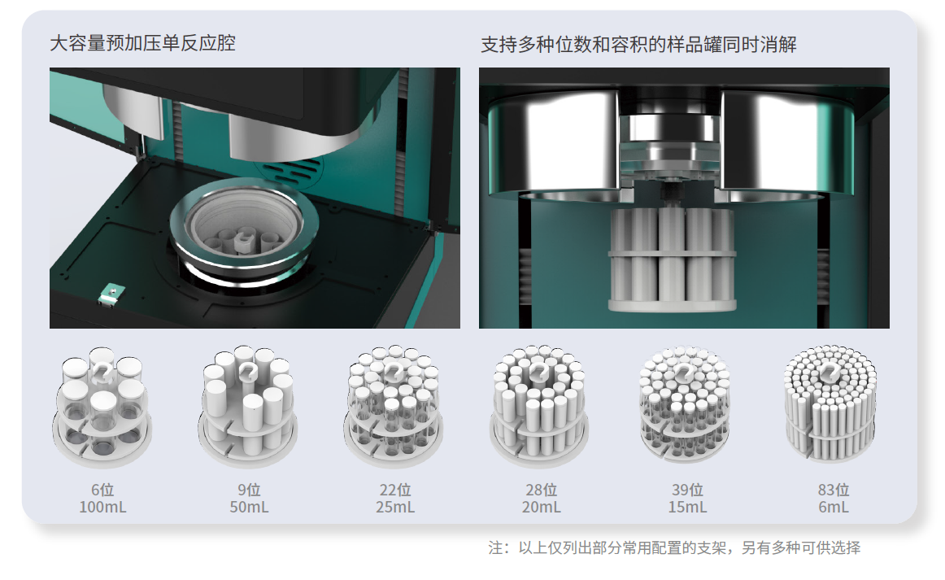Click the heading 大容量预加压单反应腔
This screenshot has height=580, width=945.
(x=143, y=43)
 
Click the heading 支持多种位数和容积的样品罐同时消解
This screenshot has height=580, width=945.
(x=639, y=45)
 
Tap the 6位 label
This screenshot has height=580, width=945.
(x=102, y=490)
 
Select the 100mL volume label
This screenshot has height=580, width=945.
(x=102, y=507)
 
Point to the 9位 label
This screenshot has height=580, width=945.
(x=249, y=490)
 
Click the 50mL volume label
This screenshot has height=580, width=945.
(x=249, y=507)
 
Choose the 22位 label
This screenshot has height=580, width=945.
(x=395, y=490)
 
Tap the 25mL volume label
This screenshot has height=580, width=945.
(x=395, y=507)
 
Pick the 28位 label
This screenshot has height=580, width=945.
(x=541, y=490)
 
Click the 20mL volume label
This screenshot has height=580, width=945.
(x=541, y=507)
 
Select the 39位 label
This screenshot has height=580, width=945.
(x=688, y=490)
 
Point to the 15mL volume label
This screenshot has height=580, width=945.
(x=688, y=507)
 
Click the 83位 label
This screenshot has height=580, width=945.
(x=834, y=490)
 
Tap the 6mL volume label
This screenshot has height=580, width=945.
(x=834, y=507)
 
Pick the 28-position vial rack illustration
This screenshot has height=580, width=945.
(x=539, y=407)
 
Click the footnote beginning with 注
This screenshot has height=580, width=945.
(x=674, y=547)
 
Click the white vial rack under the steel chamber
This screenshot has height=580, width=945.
(x=672, y=259)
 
